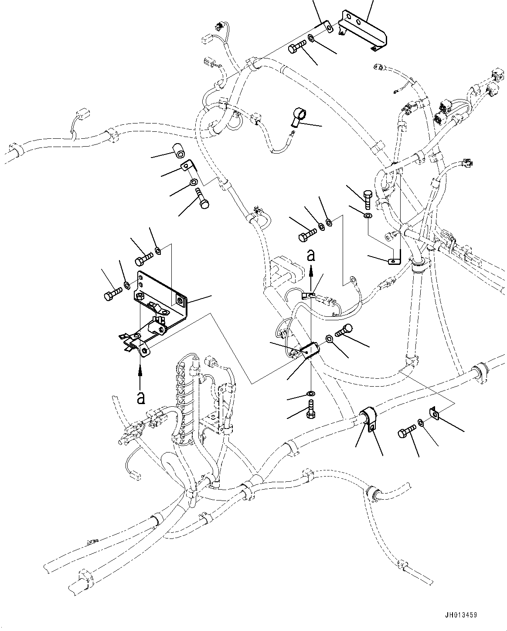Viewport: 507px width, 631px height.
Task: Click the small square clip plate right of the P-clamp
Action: pyautogui.click(x=434, y=411)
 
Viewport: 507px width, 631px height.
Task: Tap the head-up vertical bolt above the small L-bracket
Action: pyautogui.click(x=366, y=199)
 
